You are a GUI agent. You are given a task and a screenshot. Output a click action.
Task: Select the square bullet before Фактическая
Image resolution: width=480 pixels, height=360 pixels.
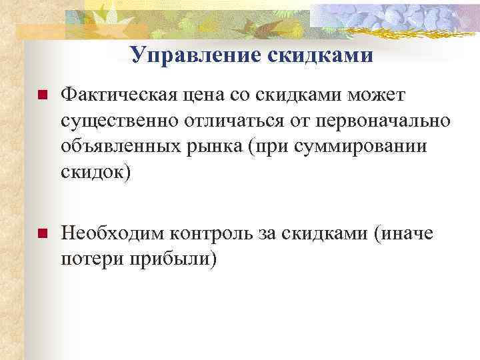(x=42, y=97)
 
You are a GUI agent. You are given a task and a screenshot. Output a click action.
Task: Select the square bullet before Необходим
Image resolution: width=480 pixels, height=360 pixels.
(x=42, y=234)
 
